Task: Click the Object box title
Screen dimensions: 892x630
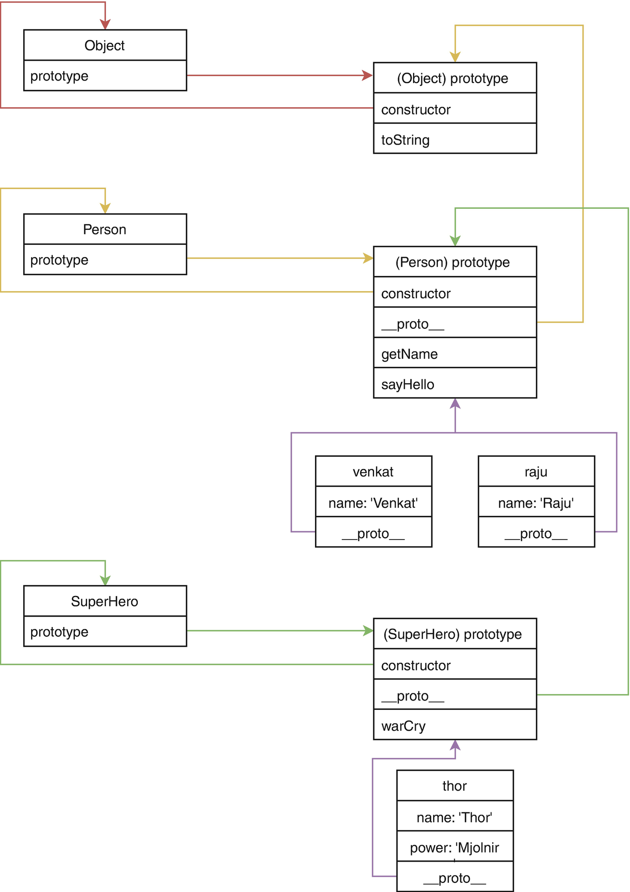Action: click(x=105, y=45)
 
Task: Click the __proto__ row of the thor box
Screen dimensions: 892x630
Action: click(x=455, y=877)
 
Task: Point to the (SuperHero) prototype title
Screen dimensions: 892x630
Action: click(x=455, y=634)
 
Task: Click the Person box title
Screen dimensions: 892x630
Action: click(x=105, y=229)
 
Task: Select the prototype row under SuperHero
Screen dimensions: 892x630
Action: click(x=105, y=631)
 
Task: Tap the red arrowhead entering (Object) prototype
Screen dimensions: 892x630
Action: click(x=367, y=75)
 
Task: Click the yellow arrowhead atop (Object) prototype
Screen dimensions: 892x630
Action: click(x=455, y=57)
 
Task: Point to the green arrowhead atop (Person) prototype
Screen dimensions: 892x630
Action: click(x=455, y=241)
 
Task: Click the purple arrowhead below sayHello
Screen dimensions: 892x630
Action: click(x=455, y=403)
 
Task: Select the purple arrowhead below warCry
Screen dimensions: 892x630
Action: click(x=455, y=745)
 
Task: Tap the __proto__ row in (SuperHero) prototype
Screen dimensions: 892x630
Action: click(x=455, y=695)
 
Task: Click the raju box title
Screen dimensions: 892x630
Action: click(x=536, y=472)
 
